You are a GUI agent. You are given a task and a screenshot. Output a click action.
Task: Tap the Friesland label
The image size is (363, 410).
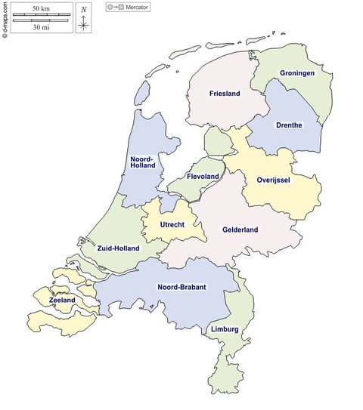tap(225, 94)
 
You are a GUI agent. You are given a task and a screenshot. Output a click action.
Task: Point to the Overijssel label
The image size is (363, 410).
tap(275, 180)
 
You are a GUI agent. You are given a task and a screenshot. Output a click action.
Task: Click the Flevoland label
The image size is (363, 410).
tap(202, 176)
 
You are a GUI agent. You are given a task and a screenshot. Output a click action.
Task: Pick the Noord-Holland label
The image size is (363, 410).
tap(142, 164)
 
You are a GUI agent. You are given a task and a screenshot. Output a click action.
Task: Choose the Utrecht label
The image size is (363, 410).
tap(173, 225)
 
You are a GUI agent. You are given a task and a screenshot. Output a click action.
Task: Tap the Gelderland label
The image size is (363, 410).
tap(240, 230)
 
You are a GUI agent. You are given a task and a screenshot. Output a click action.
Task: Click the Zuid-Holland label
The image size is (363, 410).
tap(119, 248)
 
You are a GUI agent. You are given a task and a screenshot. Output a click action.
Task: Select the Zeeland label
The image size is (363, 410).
tap(62, 301)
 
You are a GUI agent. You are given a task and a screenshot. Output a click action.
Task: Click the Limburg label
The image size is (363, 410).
tap(225, 329)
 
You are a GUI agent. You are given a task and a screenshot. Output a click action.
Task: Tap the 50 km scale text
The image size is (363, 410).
tap(41, 8)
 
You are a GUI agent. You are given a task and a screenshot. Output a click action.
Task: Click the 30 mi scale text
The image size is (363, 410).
tap(41, 27)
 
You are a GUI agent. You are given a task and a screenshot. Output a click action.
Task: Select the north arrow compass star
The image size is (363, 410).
tap(83, 23)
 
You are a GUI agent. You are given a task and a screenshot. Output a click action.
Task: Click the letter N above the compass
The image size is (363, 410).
tap(83, 9)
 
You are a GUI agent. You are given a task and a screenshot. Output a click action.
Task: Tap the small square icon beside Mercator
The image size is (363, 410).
tap(121, 7)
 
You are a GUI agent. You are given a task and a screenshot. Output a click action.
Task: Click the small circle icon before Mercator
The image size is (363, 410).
tap(110, 7)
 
